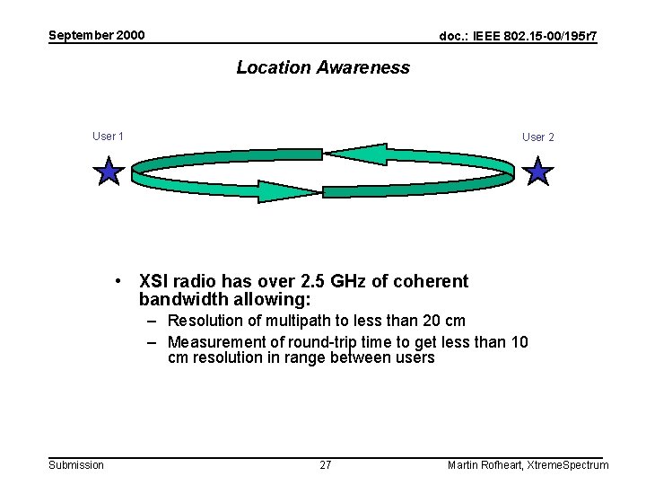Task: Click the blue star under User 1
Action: click(x=109, y=170)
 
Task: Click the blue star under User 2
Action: click(x=537, y=170)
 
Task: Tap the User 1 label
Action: click(x=109, y=137)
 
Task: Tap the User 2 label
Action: click(x=538, y=137)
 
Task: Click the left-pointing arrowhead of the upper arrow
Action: click(x=354, y=154)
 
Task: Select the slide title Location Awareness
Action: click(x=323, y=67)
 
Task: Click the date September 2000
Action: click(x=96, y=36)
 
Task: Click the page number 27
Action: click(x=326, y=464)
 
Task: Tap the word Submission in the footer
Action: click(x=76, y=464)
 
